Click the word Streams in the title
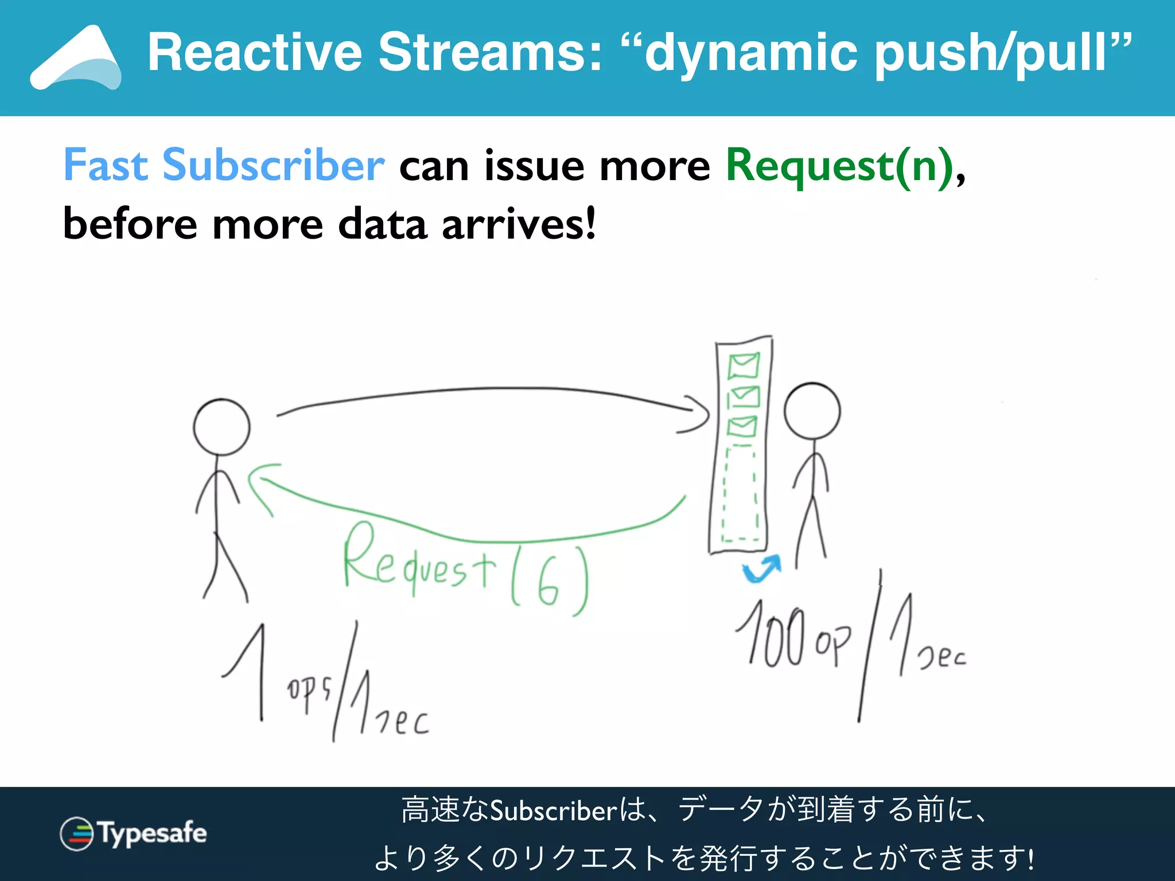(x=491, y=53)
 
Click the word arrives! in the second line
(x=519, y=224)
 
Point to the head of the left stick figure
(x=221, y=427)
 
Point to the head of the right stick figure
(x=812, y=411)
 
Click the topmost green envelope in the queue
(x=744, y=366)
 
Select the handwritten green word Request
(x=419, y=562)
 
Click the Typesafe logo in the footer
(x=133, y=833)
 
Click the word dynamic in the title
(x=752, y=53)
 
